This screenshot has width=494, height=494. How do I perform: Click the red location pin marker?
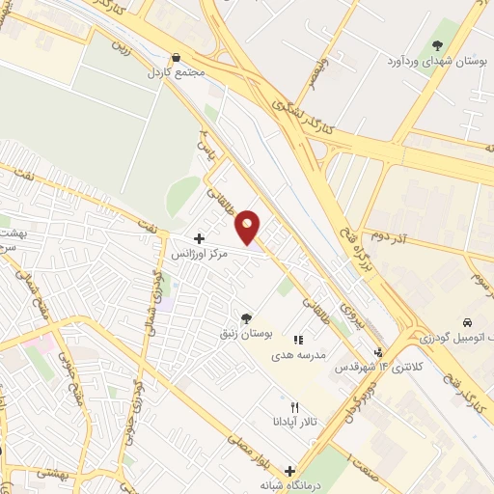point(249,227)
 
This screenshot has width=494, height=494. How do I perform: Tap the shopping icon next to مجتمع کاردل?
point(176,58)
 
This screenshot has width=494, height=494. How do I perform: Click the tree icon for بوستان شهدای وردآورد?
point(438,45)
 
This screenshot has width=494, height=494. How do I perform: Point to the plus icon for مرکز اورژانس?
point(199,238)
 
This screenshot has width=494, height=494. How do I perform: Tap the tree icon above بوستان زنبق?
point(246,317)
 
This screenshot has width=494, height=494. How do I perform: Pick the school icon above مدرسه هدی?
point(298,340)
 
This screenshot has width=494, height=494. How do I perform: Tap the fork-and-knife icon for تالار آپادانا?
point(296,407)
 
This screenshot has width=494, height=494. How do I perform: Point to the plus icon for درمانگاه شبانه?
point(288,470)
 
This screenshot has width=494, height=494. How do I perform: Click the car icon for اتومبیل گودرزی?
point(467,321)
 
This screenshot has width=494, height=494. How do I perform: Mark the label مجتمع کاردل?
point(175,73)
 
